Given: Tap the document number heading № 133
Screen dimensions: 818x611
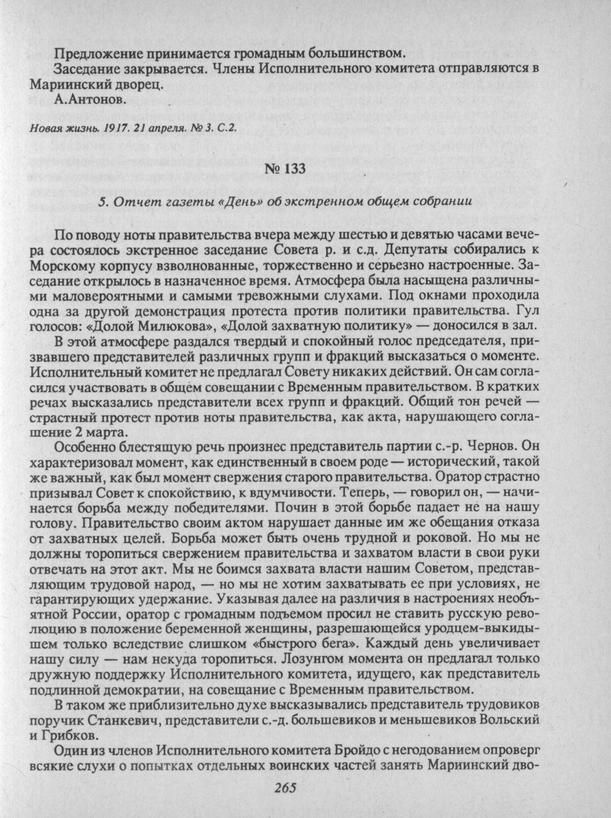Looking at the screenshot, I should point(286,170).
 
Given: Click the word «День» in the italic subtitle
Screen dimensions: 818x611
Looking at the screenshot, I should point(246,201).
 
